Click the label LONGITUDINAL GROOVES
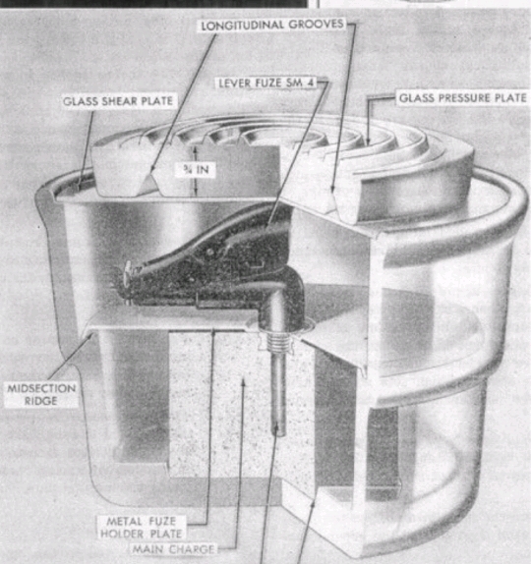click(272, 26)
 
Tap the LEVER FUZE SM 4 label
click(266, 84)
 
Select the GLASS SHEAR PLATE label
click(118, 101)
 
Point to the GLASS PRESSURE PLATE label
click(463, 98)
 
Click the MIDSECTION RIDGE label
click(41, 395)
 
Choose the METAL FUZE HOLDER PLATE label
click(142, 527)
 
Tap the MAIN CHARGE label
click(173, 549)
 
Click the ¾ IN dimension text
click(196, 169)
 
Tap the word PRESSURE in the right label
click(466, 98)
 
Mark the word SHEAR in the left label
click(120, 101)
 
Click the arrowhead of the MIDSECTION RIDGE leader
click(89, 337)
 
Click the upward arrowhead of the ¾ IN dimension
click(196, 149)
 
